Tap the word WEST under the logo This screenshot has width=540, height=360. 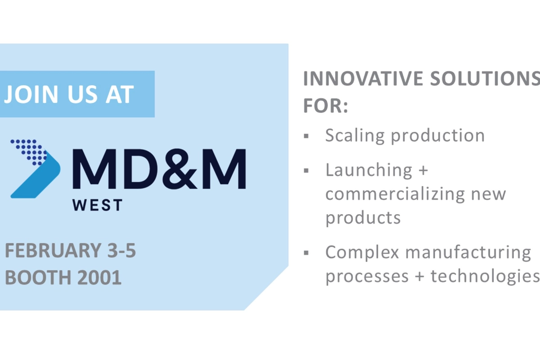point(97,205)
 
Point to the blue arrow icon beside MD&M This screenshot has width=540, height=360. point(35,168)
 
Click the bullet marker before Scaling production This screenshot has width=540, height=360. point(306,135)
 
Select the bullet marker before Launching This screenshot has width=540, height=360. point(306,170)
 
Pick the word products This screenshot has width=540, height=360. point(363,218)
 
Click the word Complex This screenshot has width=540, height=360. point(362,252)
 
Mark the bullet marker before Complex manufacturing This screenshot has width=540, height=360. point(306,252)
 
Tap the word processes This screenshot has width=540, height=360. point(362,276)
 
